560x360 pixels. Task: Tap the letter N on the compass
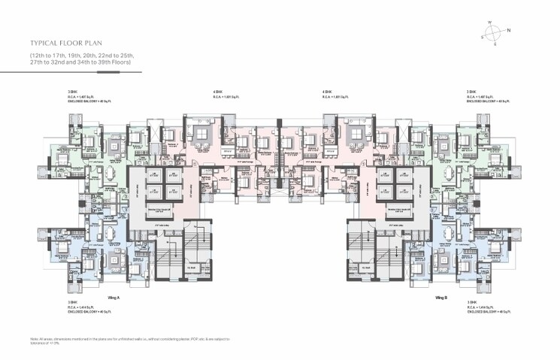click(x=508, y=30)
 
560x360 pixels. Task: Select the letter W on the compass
click(x=489, y=22)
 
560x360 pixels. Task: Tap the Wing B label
click(x=442, y=298)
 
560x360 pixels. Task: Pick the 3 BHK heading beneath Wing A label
click(x=73, y=302)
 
